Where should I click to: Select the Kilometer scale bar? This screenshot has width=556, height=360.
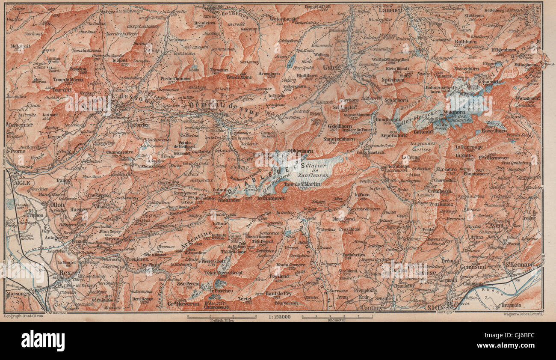337,317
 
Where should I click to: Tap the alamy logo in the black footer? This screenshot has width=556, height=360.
43,341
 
